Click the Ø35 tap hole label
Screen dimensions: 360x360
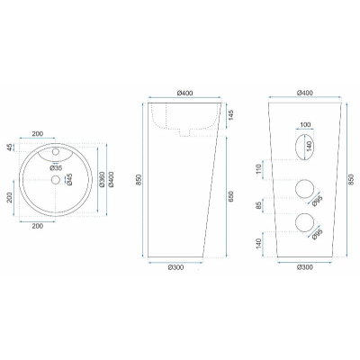click(56, 168)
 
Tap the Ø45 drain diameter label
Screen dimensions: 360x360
click(69, 179)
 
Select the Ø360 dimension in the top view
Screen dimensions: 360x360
click(102, 180)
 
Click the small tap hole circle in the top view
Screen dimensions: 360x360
click(56, 152)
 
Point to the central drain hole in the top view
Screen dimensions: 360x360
click(56, 180)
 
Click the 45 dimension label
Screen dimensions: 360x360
click(10, 148)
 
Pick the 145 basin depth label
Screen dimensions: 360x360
click(231, 115)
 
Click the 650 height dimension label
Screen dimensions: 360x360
click(230, 196)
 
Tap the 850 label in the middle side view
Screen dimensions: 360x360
click(138, 179)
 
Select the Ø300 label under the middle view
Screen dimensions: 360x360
click(175, 267)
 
